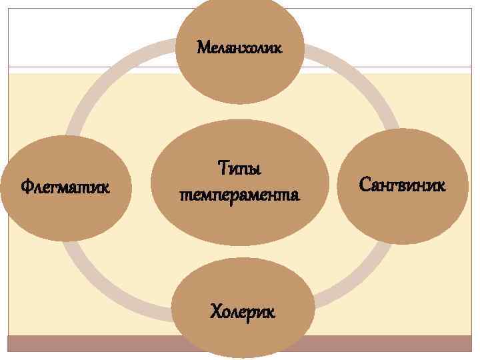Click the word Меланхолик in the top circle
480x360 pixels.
[240, 48]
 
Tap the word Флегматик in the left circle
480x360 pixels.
[65, 185]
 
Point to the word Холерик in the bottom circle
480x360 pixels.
[242, 311]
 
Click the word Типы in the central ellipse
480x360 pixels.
[240, 167]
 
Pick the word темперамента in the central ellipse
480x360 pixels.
[240, 195]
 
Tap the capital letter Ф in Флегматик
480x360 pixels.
[26, 185]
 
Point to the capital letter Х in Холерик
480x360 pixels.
[215, 311]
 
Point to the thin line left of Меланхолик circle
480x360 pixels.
[93, 67]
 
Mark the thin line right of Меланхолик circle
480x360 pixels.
[387, 67]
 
